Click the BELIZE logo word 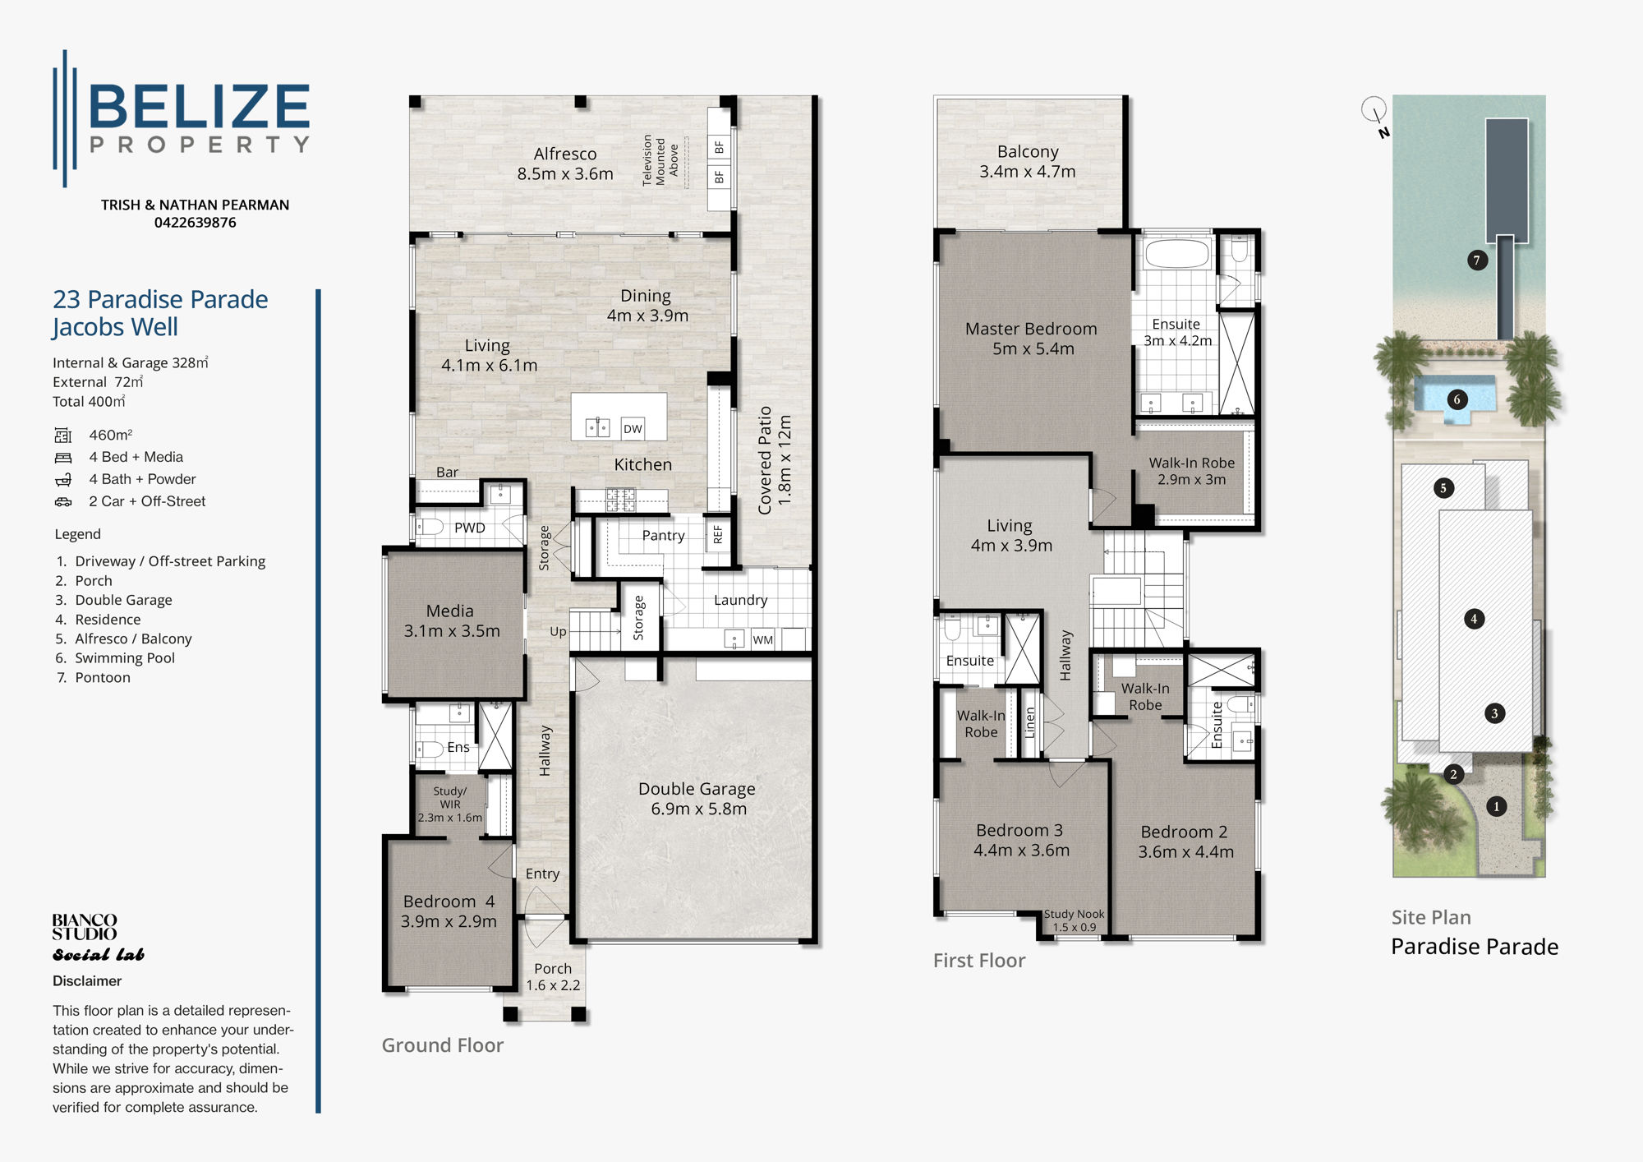(199, 107)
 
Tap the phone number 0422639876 (195, 223)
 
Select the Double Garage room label (697, 789)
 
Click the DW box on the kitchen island (633, 429)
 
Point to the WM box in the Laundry (762, 640)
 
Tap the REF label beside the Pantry (718, 535)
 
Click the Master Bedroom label (1031, 329)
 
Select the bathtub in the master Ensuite (1176, 253)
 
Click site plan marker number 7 (1477, 261)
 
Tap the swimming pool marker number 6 (1457, 399)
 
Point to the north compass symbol (1375, 111)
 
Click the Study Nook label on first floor (1074, 914)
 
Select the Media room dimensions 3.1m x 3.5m (451, 631)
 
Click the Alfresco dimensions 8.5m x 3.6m (565, 174)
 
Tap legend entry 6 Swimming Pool (124, 658)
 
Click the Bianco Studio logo (85, 927)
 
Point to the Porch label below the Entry (553, 969)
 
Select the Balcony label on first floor (1027, 151)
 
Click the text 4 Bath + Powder (142, 479)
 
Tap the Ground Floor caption (442, 1045)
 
